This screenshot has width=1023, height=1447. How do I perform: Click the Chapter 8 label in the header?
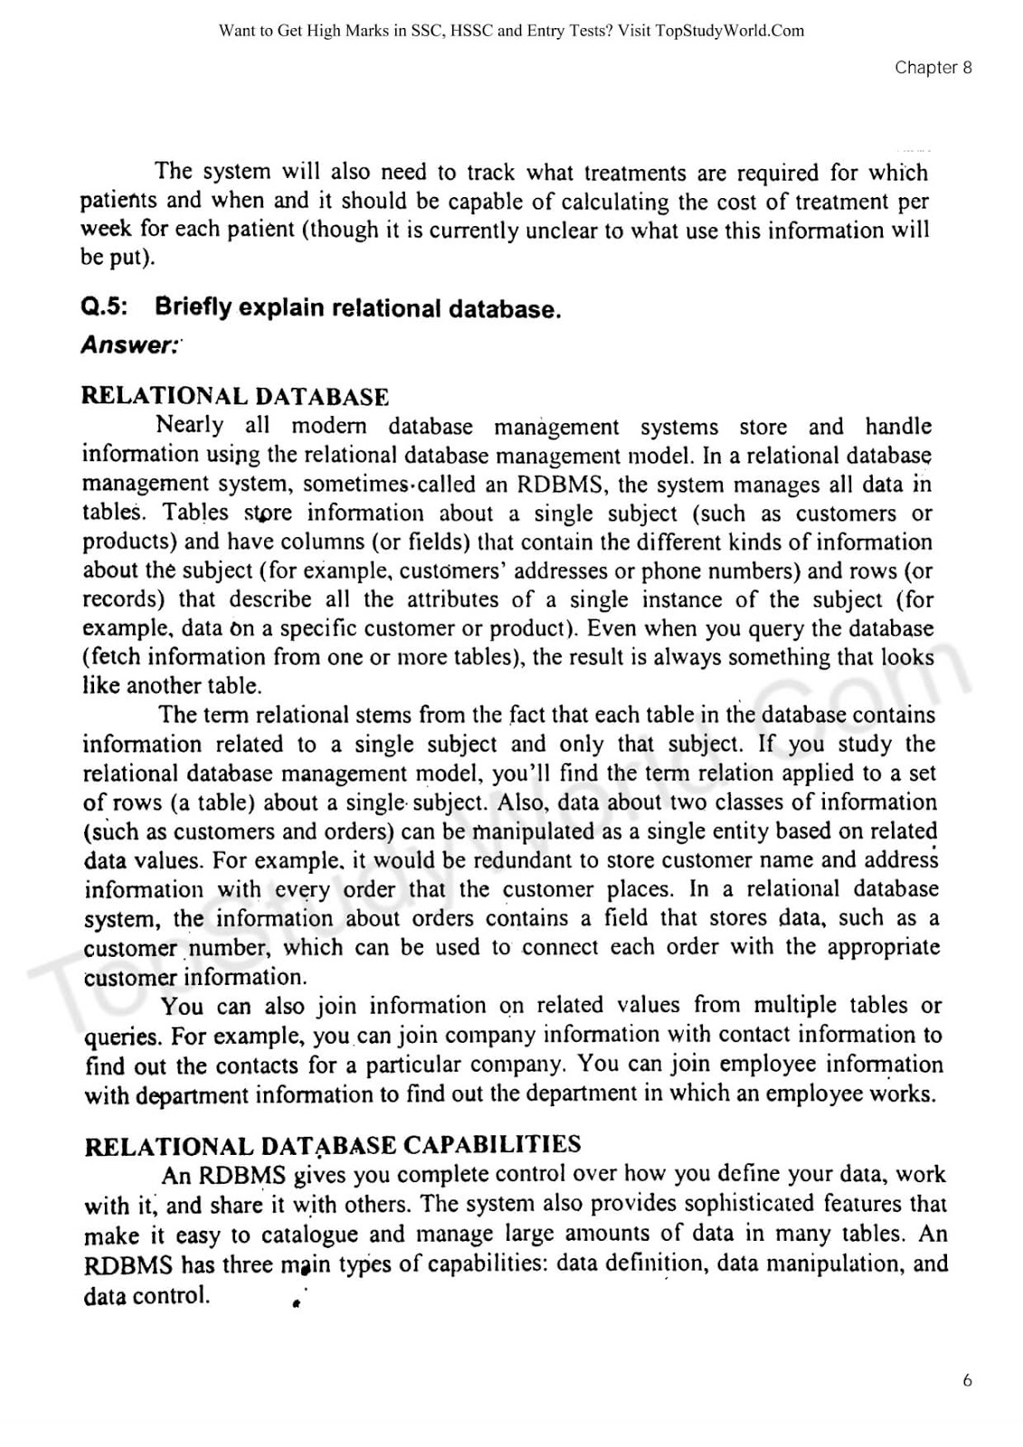click(x=933, y=68)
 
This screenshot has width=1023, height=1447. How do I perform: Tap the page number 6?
click(x=967, y=1380)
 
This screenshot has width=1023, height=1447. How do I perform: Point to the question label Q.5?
click(x=105, y=307)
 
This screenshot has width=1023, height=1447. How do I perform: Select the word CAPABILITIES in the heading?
click(x=491, y=1145)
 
